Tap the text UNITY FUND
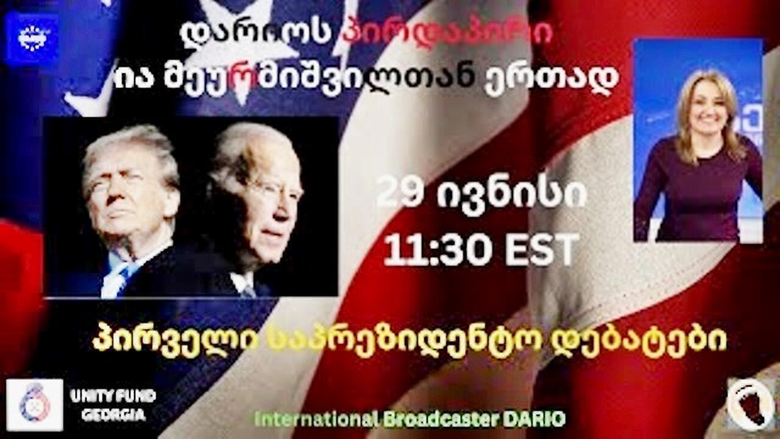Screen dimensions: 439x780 (x=113, y=396)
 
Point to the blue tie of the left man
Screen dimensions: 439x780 (x=116, y=274)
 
